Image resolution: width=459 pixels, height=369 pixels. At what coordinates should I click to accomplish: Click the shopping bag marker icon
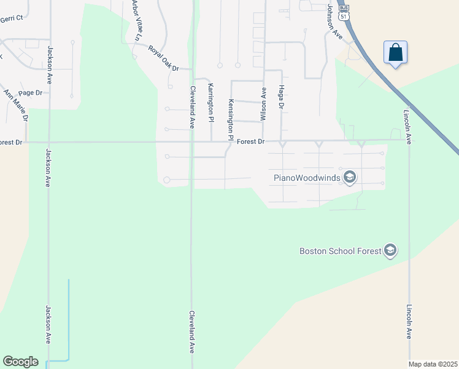pyautogui.click(x=396, y=53)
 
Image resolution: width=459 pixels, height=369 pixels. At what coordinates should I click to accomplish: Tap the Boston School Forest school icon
pyautogui.click(x=390, y=250)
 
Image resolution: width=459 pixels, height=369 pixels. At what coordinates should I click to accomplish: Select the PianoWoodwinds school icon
pyautogui.click(x=350, y=178)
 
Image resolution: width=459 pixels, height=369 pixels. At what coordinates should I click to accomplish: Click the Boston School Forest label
pyautogui.click(x=339, y=251)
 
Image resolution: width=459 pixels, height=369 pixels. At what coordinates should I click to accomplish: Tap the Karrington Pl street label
pyautogui.click(x=211, y=99)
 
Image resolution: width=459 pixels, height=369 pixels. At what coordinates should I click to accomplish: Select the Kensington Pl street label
pyautogui.click(x=231, y=117)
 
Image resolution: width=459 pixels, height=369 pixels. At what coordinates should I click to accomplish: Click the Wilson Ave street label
pyautogui.click(x=264, y=103)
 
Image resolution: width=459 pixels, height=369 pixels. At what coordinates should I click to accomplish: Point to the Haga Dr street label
pyautogui.click(x=282, y=98)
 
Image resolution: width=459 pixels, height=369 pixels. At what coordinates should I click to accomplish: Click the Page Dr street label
pyautogui.click(x=30, y=93)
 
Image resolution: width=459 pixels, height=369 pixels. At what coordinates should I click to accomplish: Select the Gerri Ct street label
pyautogui.click(x=11, y=18)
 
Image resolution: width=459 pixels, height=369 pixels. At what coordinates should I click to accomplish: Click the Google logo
pyautogui.click(x=20, y=362)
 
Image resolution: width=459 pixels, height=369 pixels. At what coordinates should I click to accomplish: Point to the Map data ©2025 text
pyautogui.click(x=433, y=364)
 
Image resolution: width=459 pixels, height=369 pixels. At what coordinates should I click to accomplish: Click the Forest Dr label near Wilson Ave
pyautogui.click(x=251, y=142)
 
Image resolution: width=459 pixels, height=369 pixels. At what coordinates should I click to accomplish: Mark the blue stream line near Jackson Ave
pyautogui.click(x=68, y=320)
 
